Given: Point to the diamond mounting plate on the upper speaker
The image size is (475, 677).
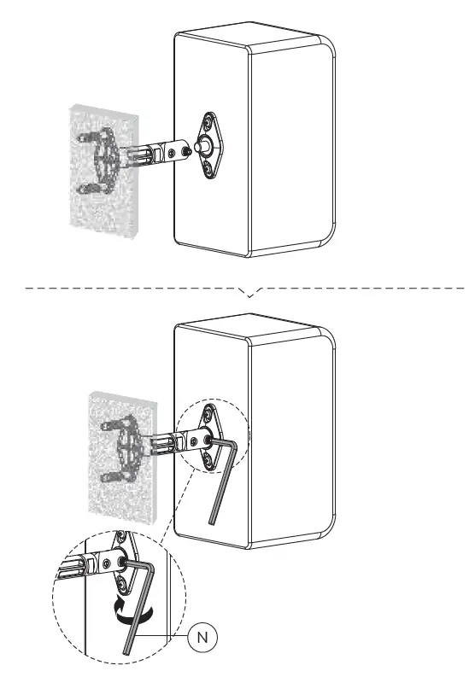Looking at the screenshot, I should [x=208, y=146].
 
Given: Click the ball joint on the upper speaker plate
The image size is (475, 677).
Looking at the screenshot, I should [x=199, y=147].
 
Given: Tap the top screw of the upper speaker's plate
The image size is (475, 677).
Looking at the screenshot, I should [x=209, y=122].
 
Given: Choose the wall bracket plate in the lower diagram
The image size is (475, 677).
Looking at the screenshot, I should [x=127, y=444].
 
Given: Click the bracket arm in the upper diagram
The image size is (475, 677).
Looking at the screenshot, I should [x=154, y=154].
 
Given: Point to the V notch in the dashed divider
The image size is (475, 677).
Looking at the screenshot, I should [x=249, y=292].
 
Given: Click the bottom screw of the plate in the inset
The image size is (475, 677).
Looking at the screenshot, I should [x=125, y=584].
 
